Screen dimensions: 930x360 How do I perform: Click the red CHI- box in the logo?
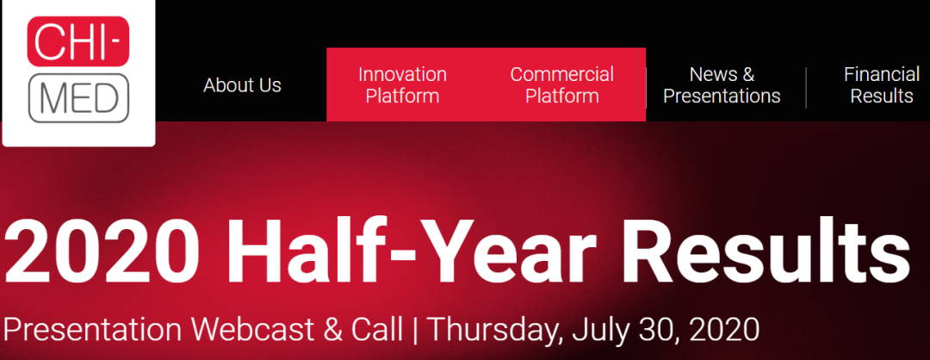(77, 40)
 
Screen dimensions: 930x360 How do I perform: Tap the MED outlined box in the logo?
(77, 98)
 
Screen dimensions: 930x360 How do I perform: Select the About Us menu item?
(242, 84)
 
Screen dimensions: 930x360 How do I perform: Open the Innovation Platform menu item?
(402, 84)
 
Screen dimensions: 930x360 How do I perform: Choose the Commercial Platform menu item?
(561, 84)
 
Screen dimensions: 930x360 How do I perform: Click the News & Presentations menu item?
(722, 84)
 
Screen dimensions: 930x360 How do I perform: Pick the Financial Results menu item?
(882, 84)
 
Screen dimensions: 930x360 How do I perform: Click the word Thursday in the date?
(496, 331)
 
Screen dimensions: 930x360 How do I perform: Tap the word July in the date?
(599, 331)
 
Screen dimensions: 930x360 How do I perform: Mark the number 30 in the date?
(653, 331)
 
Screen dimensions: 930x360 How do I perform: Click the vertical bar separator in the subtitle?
(415, 331)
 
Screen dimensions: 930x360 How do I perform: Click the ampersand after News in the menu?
(747, 75)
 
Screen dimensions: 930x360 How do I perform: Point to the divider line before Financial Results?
(806, 88)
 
